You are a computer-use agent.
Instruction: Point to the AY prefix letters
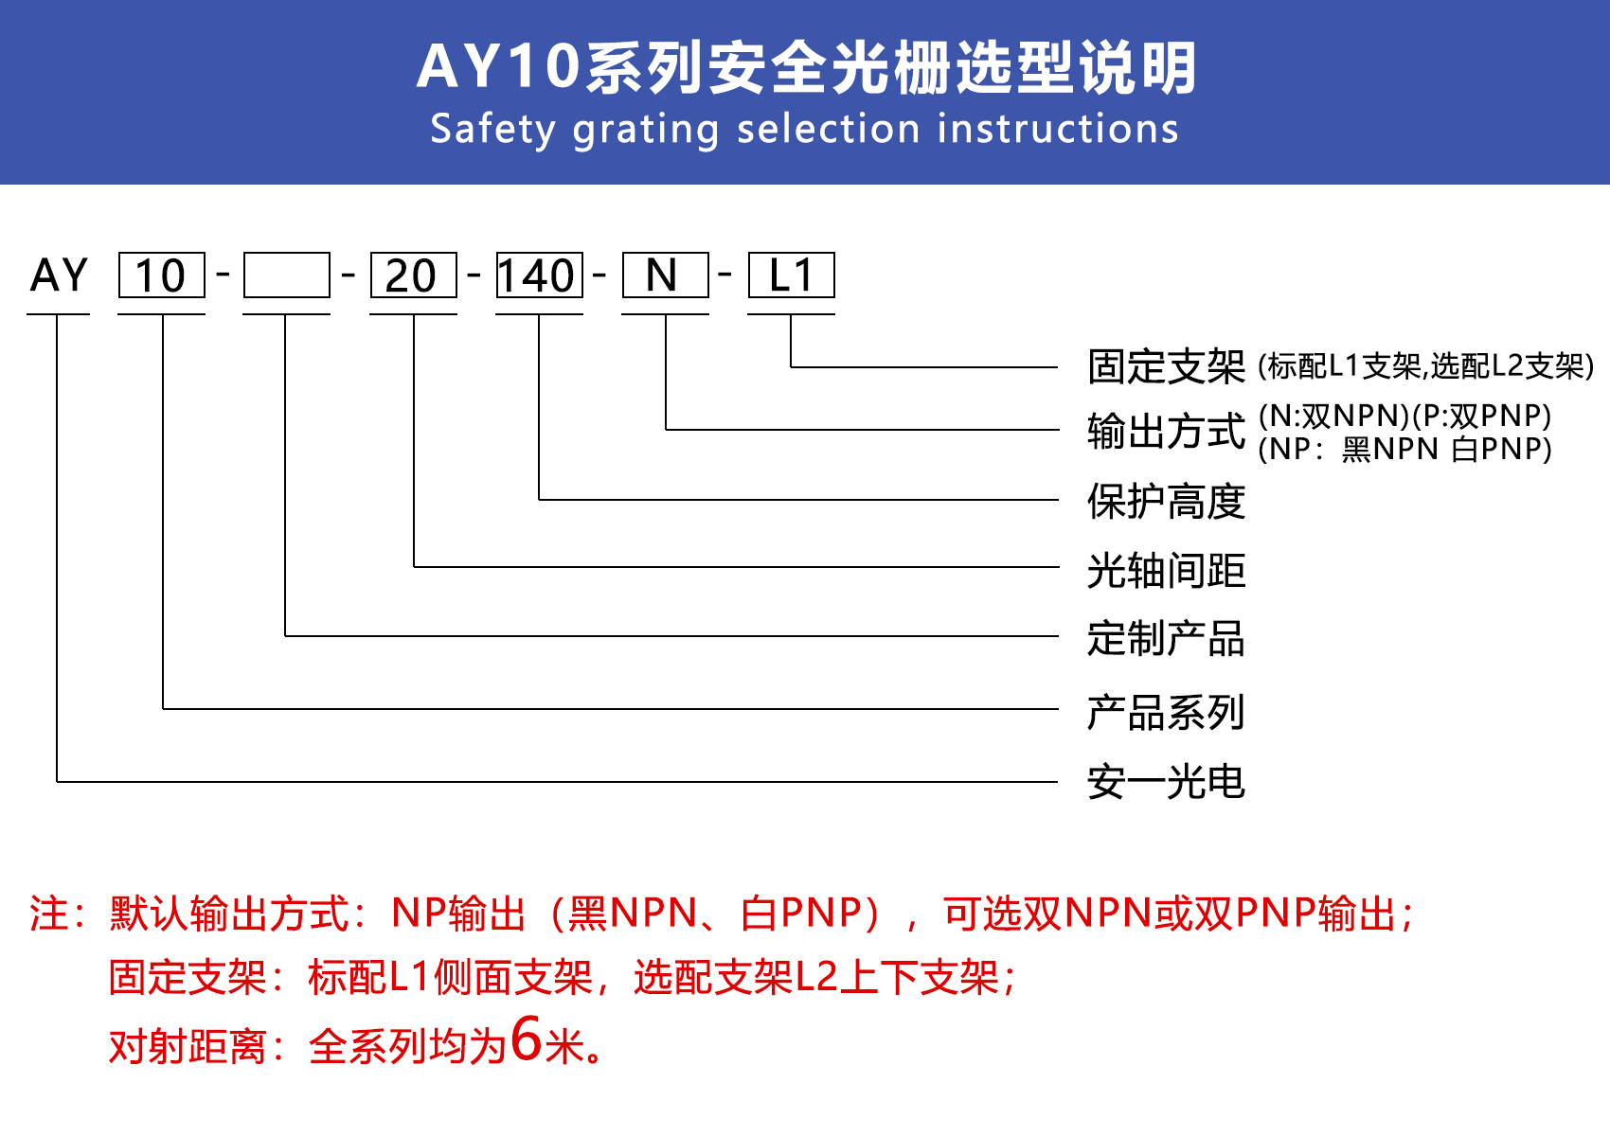click(x=59, y=275)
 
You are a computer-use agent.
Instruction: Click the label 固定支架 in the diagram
click(x=1166, y=366)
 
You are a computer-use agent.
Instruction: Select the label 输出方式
click(x=1166, y=431)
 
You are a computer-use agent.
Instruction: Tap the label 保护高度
click(x=1166, y=501)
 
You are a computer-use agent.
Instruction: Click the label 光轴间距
click(x=1166, y=571)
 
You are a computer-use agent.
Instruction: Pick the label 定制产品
click(x=1166, y=638)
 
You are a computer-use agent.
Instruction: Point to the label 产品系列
click(x=1166, y=712)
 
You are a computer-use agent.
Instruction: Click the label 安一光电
click(x=1166, y=782)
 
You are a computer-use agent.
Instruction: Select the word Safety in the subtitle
click(x=493, y=130)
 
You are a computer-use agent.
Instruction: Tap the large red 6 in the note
click(x=526, y=1038)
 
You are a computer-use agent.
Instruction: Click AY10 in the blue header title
click(x=498, y=67)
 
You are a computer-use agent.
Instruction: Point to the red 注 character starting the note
click(x=49, y=914)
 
